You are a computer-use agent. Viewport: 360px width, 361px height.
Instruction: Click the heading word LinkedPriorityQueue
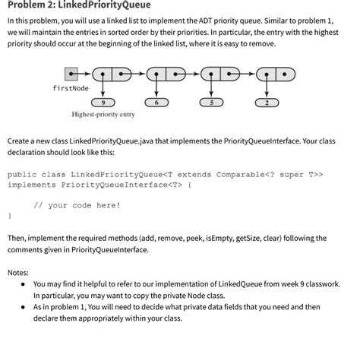click(x=106, y=8)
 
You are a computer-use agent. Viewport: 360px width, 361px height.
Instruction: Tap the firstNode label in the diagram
click(x=71, y=89)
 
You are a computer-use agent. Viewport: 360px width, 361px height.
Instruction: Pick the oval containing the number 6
click(x=157, y=102)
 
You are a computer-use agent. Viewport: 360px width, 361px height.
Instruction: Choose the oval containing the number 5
click(x=212, y=102)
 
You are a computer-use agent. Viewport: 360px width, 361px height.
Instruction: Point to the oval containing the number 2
click(x=267, y=102)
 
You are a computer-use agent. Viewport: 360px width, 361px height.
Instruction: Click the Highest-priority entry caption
click(x=104, y=115)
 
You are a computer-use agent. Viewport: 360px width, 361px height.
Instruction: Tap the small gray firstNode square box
click(x=71, y=74)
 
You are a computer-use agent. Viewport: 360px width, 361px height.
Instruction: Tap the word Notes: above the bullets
click(x=18, y=271)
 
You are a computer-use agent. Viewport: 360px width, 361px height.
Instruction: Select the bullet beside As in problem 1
click(x=24, y=307)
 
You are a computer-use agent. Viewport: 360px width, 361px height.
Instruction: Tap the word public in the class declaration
click(x=24, y=174)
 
